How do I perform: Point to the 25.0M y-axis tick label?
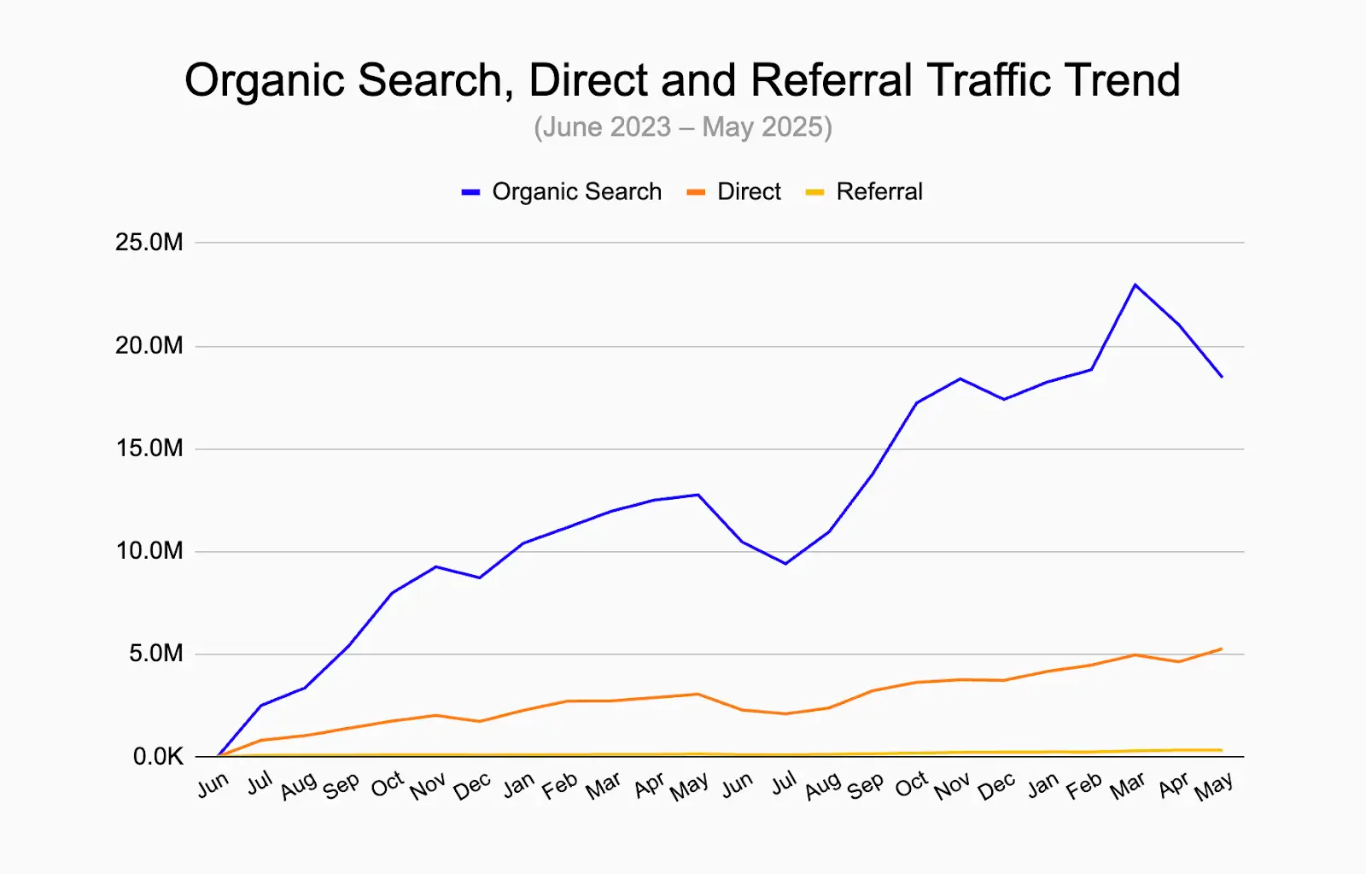coord(149,243)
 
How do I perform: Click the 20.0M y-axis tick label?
coord(149,346)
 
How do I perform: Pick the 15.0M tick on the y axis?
coord(149,449)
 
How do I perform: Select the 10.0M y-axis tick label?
coord(149,551)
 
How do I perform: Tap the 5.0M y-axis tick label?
coord(156,654)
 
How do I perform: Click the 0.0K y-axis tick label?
coord(158,757)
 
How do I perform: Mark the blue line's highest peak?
coord(1135,284)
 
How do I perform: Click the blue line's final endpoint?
coord(1222,377)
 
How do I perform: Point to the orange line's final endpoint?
coord(1222,648)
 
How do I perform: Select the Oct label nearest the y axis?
coord(387,784)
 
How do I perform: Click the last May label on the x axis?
coord(1213,787)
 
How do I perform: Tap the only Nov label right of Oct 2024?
coord(952,787)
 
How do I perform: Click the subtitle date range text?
coord(683,127)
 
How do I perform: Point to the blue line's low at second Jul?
coord(785,564)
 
